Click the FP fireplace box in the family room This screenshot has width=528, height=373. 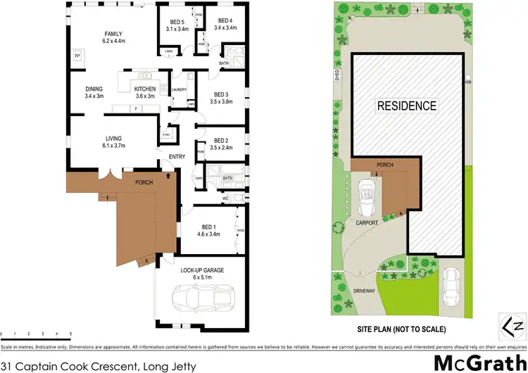(x=77, y=55)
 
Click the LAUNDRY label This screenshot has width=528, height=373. (x=179, y=89)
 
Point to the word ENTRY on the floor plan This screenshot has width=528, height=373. (x=176, y=156)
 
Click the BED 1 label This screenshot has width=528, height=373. (x=208, y=229)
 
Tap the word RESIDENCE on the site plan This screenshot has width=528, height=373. (x=406, y=106)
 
